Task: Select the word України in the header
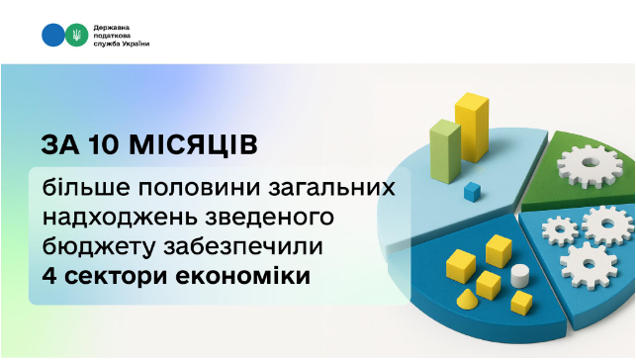pyautogui.click(x=145, y=45)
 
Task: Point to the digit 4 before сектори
pyautogui.click(x=49, y=274)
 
